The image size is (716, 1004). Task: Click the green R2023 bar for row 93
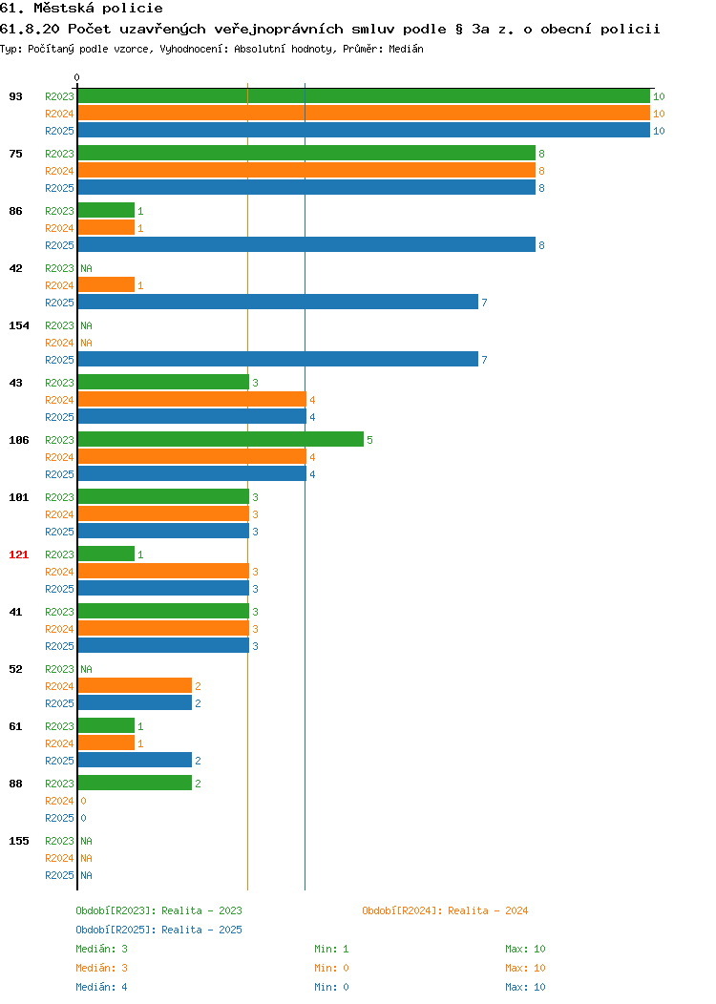click(364, 96)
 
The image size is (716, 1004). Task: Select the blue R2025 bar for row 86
click(306, 244)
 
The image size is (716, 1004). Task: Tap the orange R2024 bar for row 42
click(106, 285)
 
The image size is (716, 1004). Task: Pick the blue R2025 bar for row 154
click(278, 359)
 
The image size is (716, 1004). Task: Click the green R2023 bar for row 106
click(221, 439)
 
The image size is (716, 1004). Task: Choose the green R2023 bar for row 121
click(106, 554)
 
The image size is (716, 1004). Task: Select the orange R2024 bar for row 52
click(136, 686)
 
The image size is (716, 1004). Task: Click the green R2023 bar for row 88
click(136, 784)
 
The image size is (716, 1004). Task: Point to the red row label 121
click(18, 554)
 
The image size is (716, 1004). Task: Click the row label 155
click(18, 841)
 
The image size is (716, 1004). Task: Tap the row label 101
click(18, 497)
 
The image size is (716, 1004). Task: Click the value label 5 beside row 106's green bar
click(369, 440)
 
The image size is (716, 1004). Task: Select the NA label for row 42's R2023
click(87, 268)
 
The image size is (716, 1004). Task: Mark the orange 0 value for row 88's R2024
click(83, 801)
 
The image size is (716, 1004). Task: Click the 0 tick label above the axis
click(77, 77)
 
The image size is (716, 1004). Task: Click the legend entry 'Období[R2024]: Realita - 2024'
click(445, 910)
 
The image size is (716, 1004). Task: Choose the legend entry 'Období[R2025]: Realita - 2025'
click(158, 930)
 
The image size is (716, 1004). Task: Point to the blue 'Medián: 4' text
click(101, 987)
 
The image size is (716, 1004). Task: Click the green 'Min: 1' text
click(331, 949)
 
